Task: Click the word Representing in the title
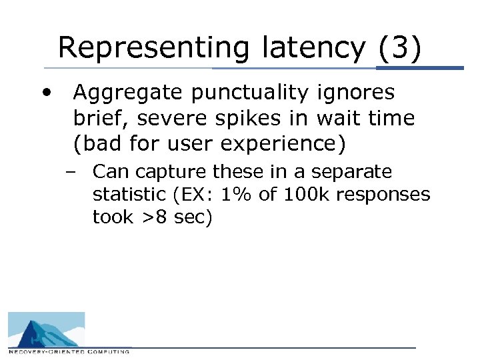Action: point(153,48)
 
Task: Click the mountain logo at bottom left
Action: point(46,329)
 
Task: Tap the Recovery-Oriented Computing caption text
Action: point(69,351)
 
